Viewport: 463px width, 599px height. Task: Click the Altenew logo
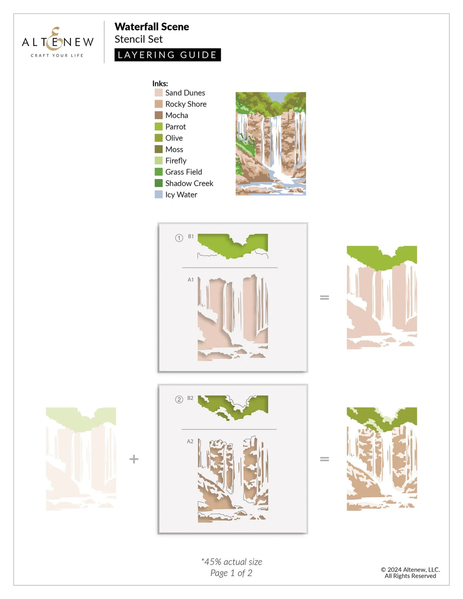pos(58,42)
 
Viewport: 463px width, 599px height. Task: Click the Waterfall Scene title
pos(152,27)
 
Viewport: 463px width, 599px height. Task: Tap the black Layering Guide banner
pos(167,55)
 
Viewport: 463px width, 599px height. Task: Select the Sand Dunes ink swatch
pos(159,93)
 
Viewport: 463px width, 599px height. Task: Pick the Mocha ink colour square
pos(159,115)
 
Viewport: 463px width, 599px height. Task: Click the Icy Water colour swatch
pos(159,194)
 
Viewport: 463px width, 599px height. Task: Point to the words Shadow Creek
pos(189,183)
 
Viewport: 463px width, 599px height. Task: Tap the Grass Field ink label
pos(183,172)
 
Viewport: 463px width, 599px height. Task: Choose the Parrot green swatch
pos(159,127)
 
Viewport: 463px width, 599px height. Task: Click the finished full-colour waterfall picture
pos(271,144)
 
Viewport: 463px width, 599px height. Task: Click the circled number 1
pos(179,238)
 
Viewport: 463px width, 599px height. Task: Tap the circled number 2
pos(179,400)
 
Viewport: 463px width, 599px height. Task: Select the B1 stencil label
pos(191,236)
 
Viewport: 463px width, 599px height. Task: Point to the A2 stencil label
pos(190,441)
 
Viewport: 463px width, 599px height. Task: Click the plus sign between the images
pos(134,459)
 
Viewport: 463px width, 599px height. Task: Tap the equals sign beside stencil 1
pos(324,297)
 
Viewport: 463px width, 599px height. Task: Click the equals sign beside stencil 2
pos(324,459)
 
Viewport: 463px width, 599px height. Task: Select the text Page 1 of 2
pos(231,573)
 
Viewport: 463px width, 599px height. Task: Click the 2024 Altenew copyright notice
pos(410,573)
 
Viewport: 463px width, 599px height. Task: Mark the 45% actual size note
pos(231,562)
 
